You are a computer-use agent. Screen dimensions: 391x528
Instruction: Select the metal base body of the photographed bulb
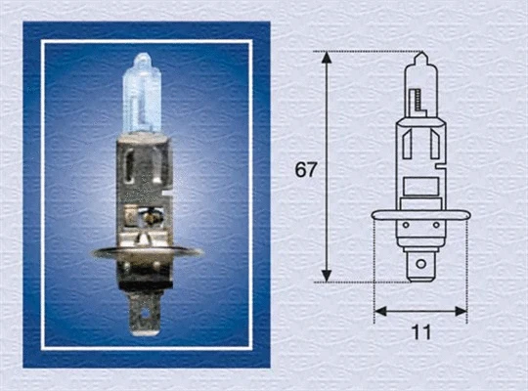[147, 186]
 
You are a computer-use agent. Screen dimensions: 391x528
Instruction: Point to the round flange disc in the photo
[147, 253]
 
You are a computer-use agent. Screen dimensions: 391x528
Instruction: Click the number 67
[306, 169]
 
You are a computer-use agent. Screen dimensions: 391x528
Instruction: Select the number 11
[421, 332]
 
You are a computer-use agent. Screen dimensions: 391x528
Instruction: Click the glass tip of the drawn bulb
[420, 57]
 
